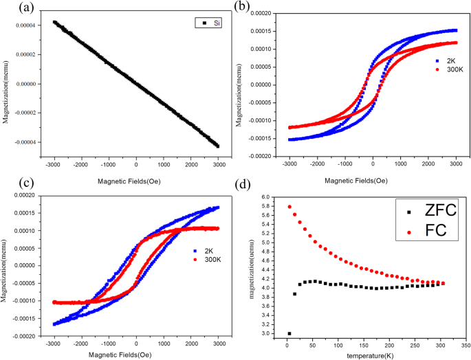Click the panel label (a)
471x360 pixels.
12,8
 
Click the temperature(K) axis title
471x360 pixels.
366,355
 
